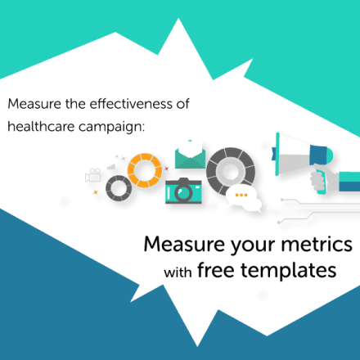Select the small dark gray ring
[x=119, y=189]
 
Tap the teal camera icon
[x=184, y=190]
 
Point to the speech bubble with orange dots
[x=242, y=197]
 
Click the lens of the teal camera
[x=182, y=192]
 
